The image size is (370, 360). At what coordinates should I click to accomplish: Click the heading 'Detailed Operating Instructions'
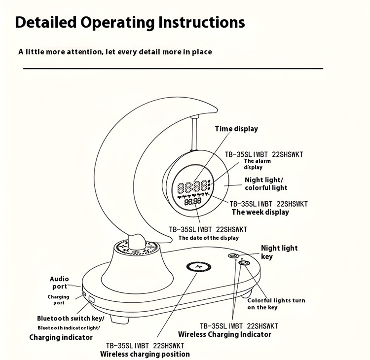tap(130, 22)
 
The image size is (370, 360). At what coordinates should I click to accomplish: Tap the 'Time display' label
tap(236, 129)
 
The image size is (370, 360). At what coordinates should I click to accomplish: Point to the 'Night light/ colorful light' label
tap(265, 183)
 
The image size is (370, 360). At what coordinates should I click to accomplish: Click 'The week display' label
tap(260, 212)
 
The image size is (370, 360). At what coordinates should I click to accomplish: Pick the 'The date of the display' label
tap(208, 238)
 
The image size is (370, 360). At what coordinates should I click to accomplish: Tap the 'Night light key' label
tap(279, 252)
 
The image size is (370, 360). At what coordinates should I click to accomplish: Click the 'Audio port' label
tap(59, 283)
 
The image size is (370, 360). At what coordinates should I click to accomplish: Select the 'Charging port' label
tap(59, 300)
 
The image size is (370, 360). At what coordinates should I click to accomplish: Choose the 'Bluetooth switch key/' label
tap(71, 318)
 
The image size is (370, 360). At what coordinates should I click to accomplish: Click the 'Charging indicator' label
tap(61, 337)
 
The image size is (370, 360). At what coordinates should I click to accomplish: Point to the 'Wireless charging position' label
tap(145, 354)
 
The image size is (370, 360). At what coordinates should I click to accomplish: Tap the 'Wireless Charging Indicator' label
tap(224, 334)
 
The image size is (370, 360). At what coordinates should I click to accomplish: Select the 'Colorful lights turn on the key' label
tap(276, 304)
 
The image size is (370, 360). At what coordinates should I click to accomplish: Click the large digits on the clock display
tap(192, 188)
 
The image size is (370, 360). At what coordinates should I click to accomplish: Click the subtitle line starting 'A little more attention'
tap(115, 51)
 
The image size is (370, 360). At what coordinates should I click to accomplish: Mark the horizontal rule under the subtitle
tap(173, 69)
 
